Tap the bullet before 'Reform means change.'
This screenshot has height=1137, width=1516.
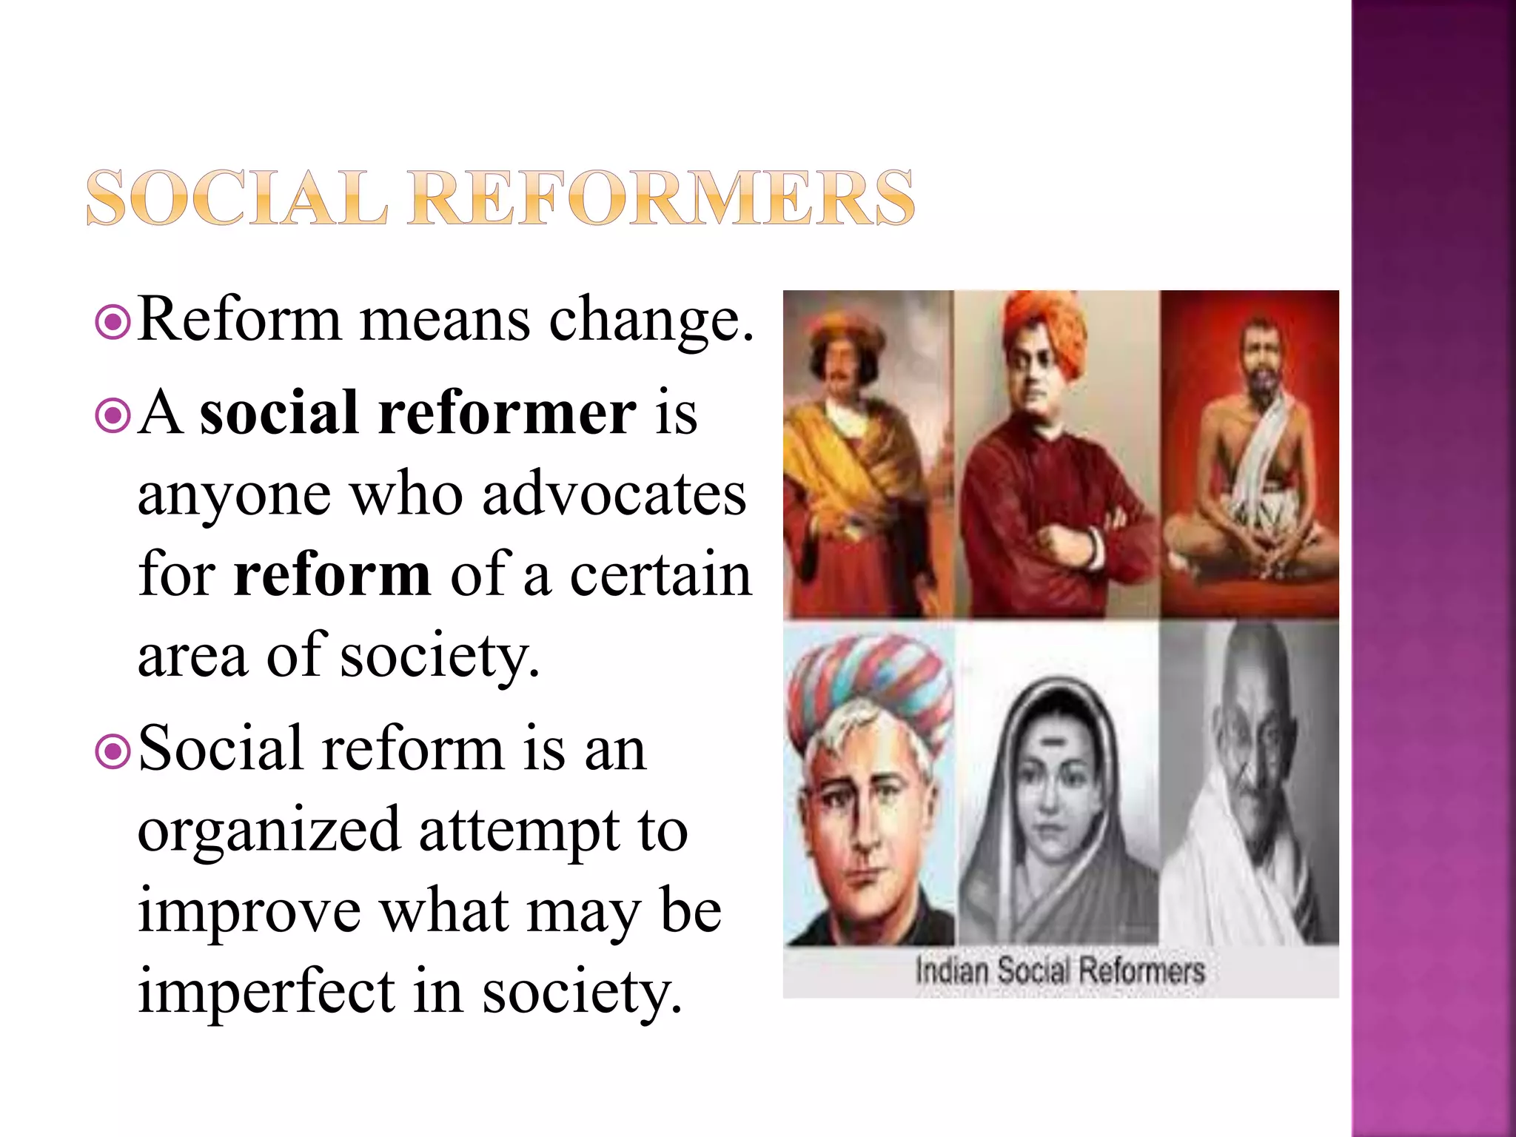click(113, 323)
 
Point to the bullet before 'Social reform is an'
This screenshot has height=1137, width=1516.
click(113, 752)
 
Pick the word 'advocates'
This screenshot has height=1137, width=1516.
click(614, 494)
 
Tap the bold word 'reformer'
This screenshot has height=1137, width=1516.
click(507, 413)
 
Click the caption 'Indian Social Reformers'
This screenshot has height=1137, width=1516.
click(1060, 970)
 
